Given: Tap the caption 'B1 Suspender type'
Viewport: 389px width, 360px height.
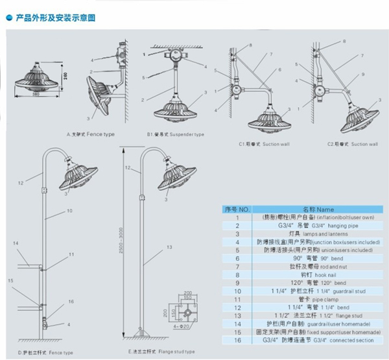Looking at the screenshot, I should [x=174, y=134].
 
